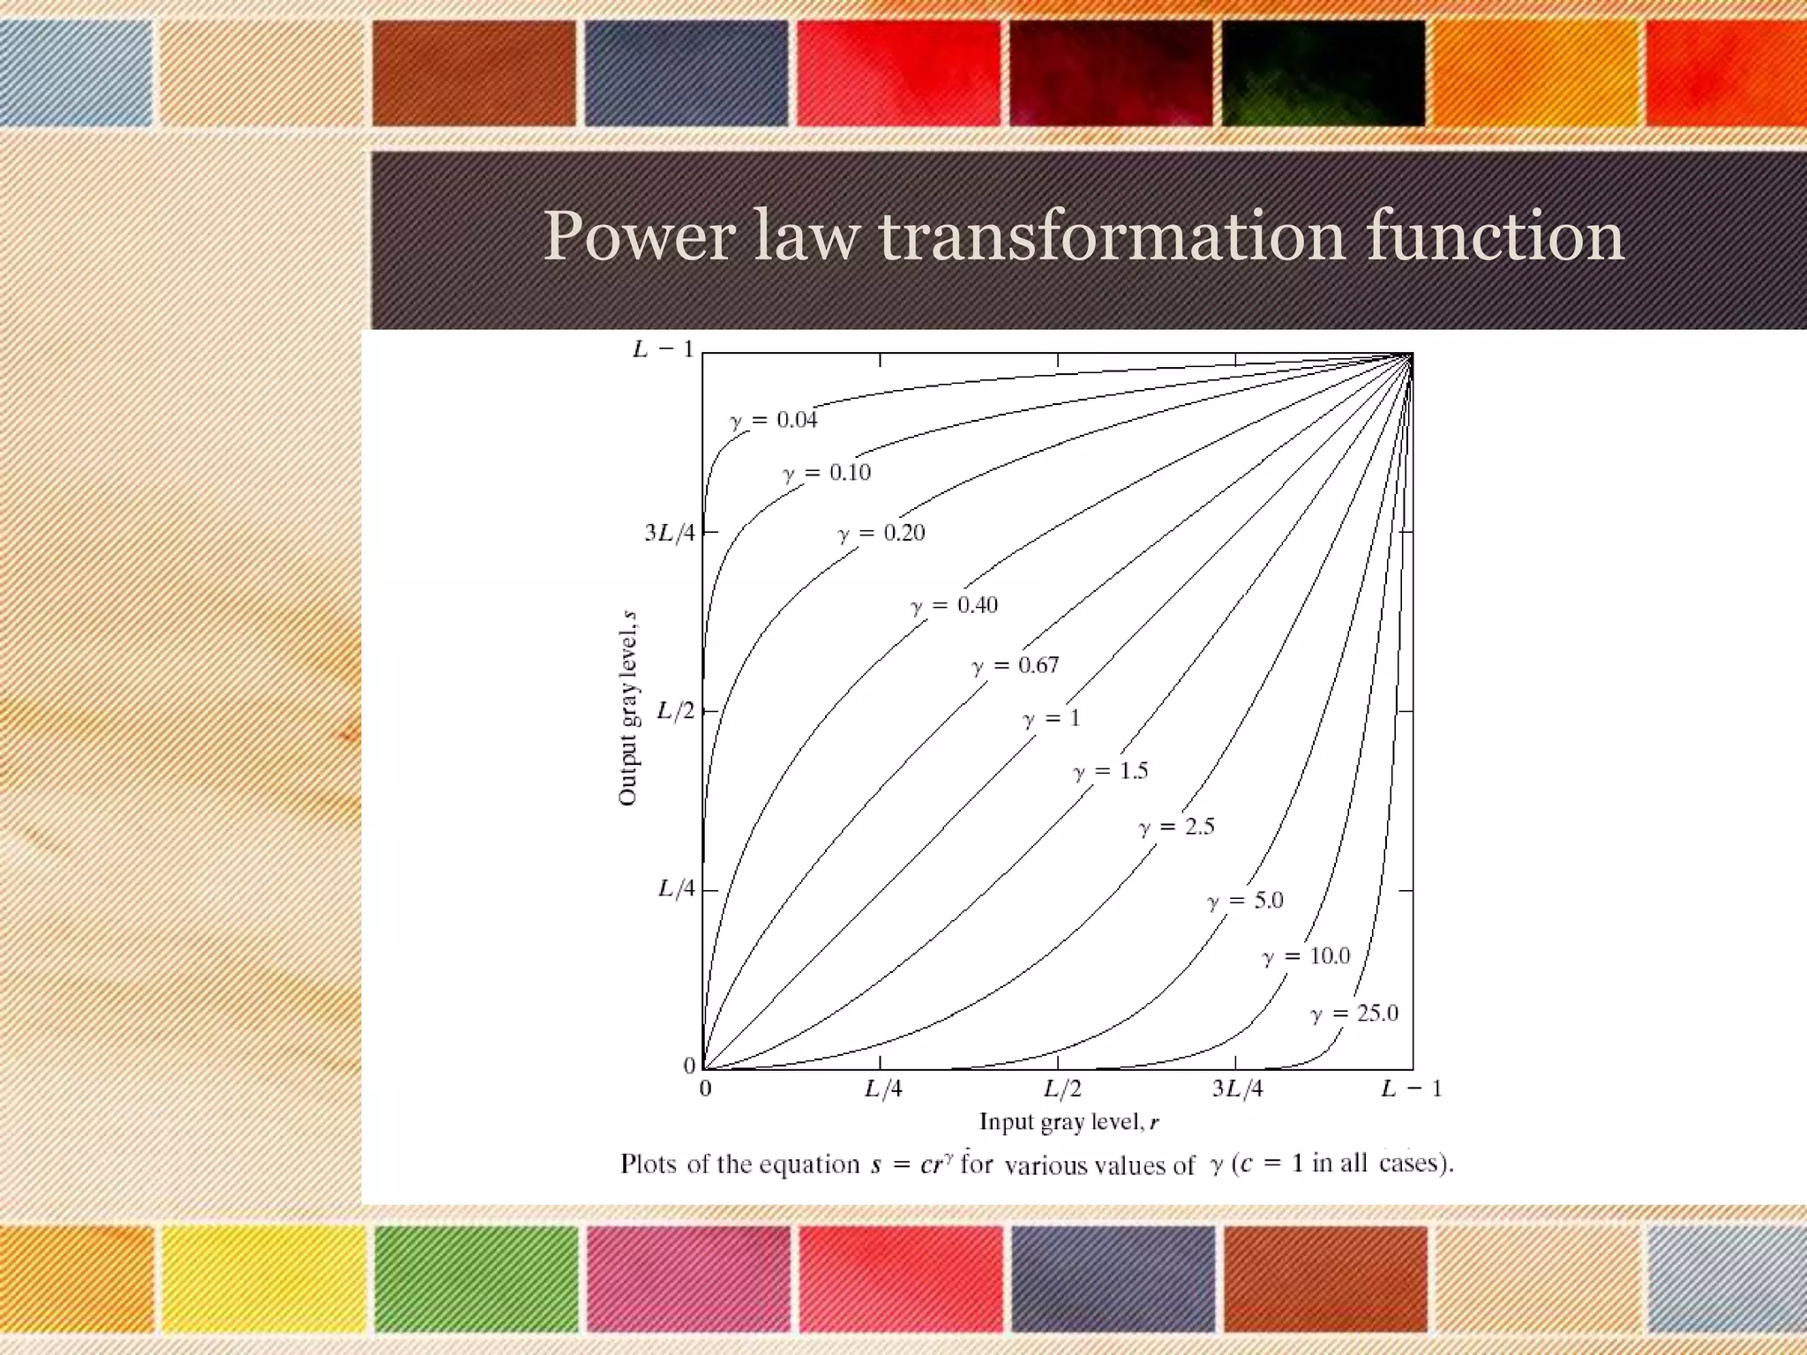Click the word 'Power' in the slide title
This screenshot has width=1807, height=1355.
tap(638, 236)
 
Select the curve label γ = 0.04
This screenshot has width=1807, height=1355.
tap(774, 420)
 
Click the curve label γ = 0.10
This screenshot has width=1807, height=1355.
tap(827, 473)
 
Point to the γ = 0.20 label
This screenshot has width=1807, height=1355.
tap(881, 533)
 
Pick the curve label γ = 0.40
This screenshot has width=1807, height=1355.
tap(954, 605)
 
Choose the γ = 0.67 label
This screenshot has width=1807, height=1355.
tap(1015, 665)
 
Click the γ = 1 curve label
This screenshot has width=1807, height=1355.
tap(1051, 719)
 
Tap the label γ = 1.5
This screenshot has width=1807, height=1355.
tap(1111, 771)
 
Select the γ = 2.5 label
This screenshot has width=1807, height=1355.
tap(1176, 827)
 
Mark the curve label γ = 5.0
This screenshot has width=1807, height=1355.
tap(1245, 901)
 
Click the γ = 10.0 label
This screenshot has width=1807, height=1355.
tap(1306, 956)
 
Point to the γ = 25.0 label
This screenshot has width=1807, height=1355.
tap(1354, 1014)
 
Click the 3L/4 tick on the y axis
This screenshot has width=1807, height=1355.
tap(670, 533)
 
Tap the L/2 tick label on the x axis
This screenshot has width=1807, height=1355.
tap(1062, 1089)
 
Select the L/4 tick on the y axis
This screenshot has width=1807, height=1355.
tap(677, 888)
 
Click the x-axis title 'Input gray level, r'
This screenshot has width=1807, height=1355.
tap(1068, 1122)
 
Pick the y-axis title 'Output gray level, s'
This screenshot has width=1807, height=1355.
tap(628, 707)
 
